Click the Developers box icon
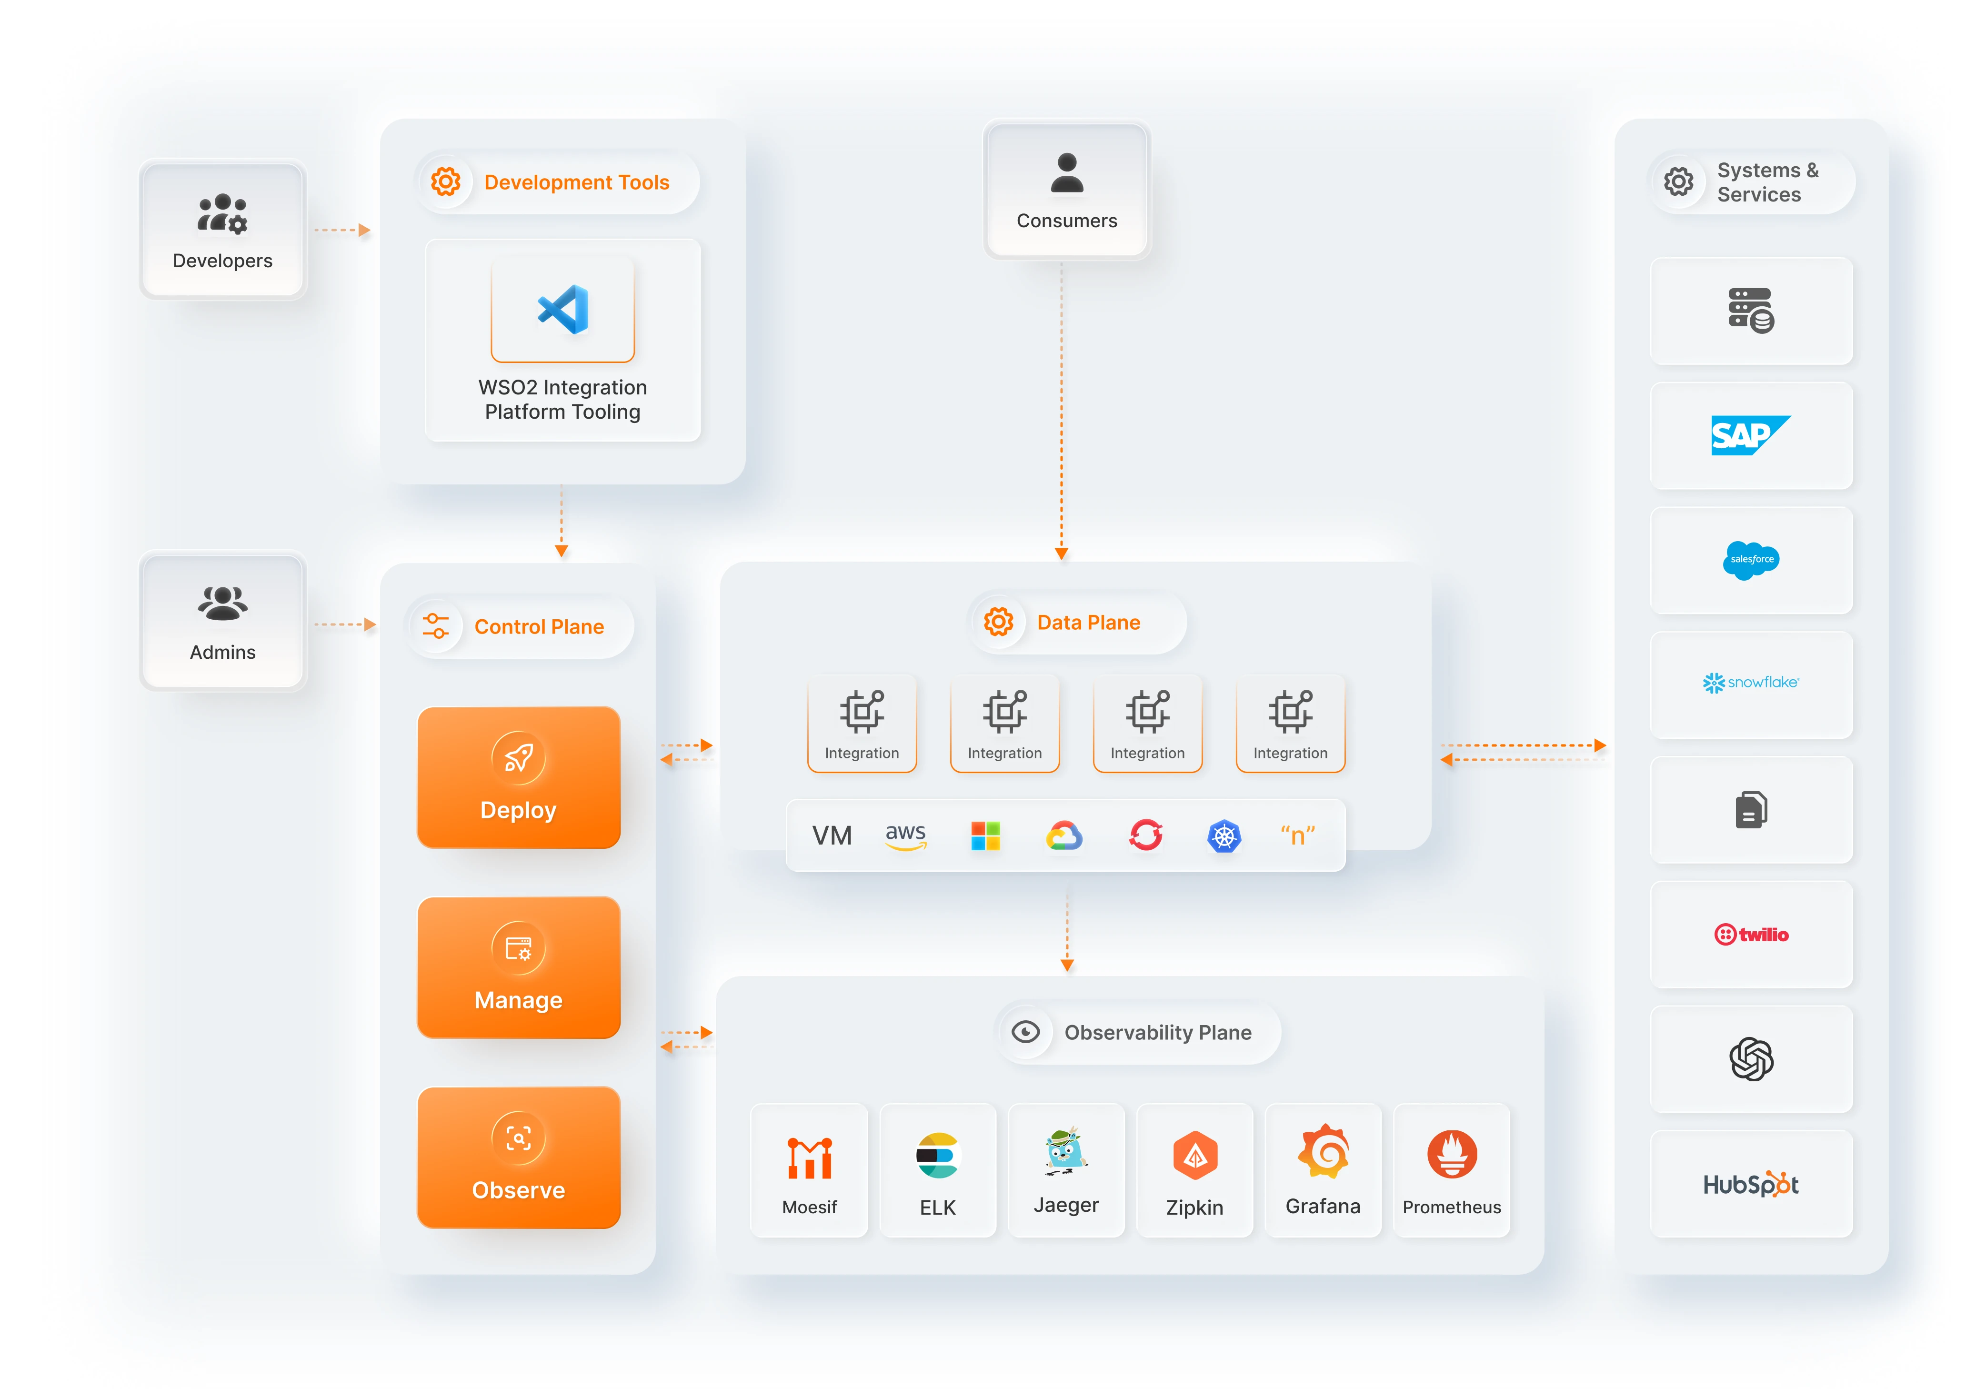(222, 213)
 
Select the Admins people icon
(222, 603)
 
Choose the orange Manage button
(518, 967)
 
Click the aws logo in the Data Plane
(905, 835)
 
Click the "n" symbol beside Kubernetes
(1297, 835)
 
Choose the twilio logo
(1751, 934)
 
